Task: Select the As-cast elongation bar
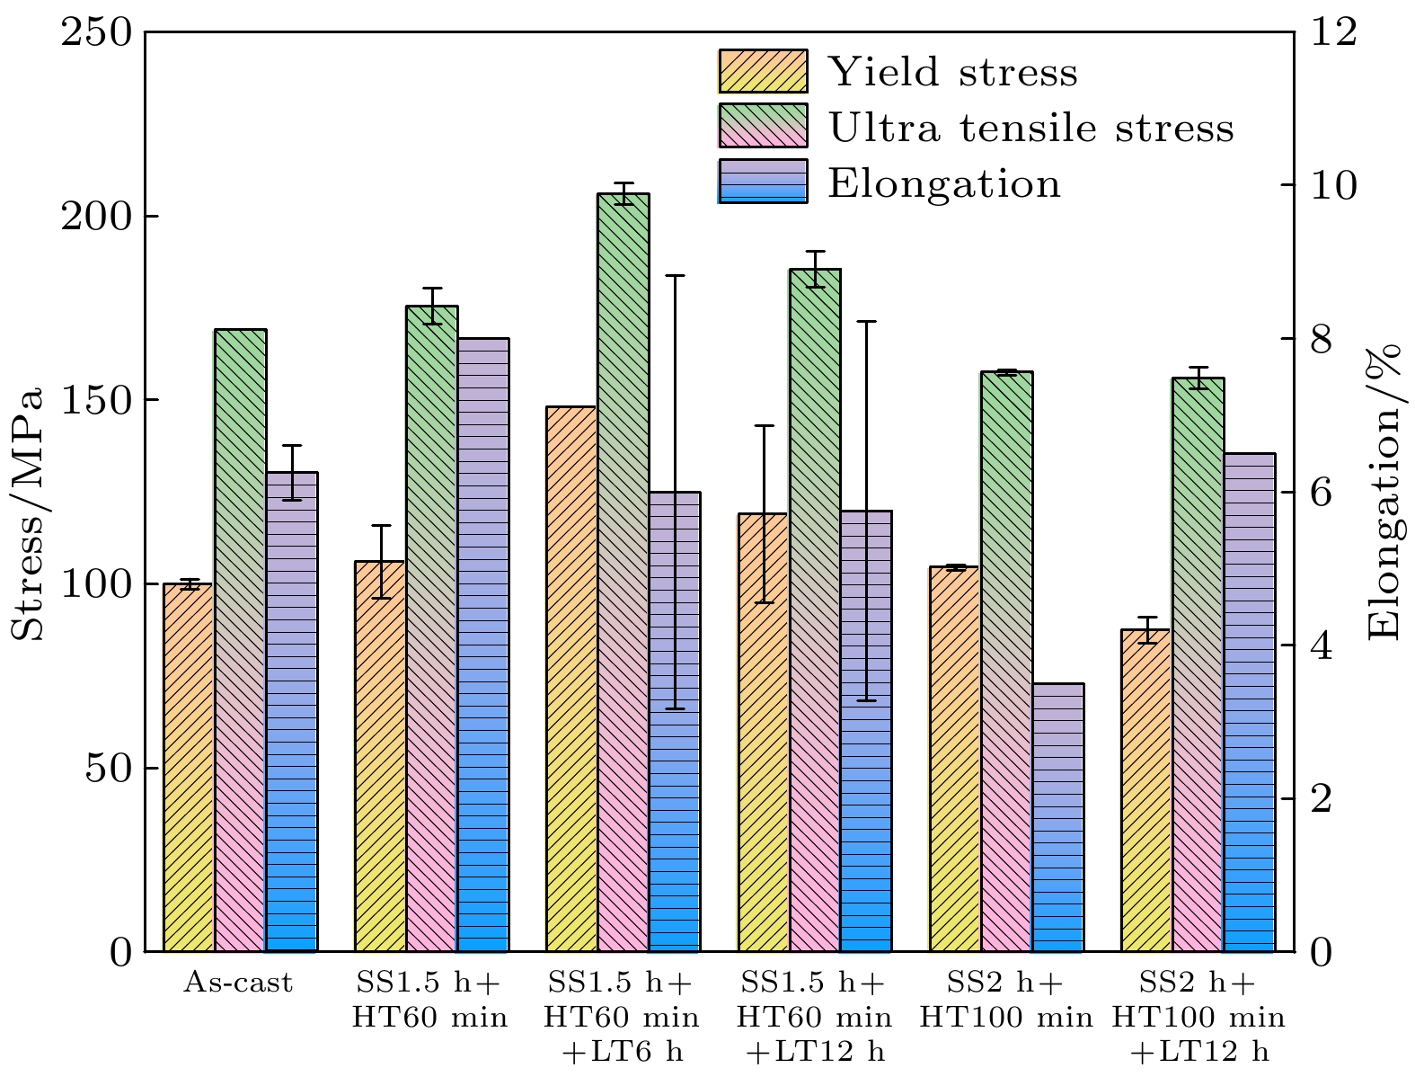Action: pyautogui.click(x=292, y=711)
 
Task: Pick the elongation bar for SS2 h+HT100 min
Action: pyautogui.click(x=1057, y=817)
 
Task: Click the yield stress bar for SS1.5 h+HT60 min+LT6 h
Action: pyautogui.click(x=571, y=679)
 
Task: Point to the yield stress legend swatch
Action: pyautogui.click(x=763, y=72)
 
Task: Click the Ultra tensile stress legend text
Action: pyautogui.click(x=1030, y=128)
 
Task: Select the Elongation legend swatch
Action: pyautogui.click(x=763, y=182)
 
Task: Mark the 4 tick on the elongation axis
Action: pyautogui.click(x=1324, y=645)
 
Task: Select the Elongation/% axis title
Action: pyautogui.click(x=1384, y=491)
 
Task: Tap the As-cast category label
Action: pyautogui.click(x=238, y=984)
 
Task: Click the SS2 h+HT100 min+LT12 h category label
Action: pyautogui.click(x=1198, y=1018)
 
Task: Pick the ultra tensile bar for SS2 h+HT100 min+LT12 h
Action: pyautogui.click(x=1198, y=664)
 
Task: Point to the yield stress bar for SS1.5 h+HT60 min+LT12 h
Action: pyautogui.click(x=763, y=732)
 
